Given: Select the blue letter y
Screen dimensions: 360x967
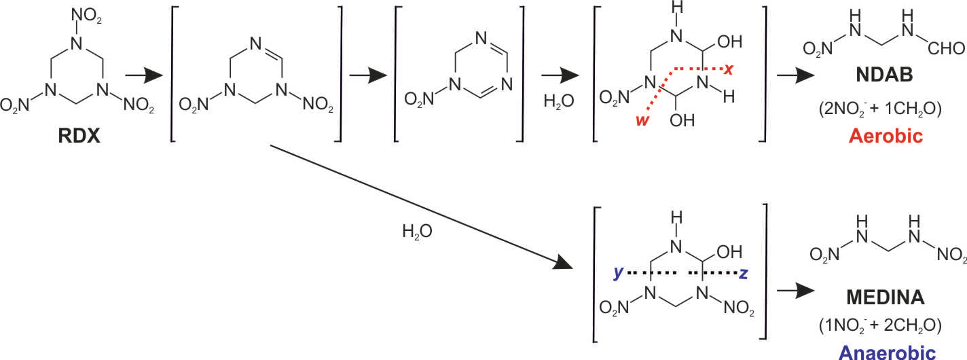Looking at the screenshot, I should point(617,272).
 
